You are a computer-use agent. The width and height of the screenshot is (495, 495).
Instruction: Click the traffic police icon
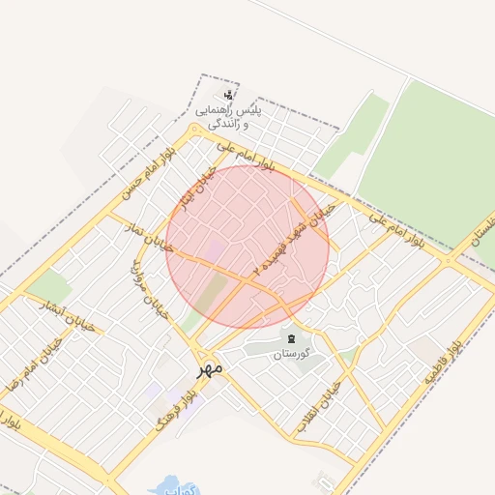click(228, 95)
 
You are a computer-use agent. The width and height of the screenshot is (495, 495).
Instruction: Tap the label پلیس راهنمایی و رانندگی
click(229, 118)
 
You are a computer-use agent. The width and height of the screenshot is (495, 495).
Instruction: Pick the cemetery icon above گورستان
click(291, 335)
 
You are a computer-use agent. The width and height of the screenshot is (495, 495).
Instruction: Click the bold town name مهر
click(210, 368)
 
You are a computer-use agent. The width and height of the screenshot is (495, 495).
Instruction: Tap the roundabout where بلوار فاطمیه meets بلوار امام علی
click(450, 259)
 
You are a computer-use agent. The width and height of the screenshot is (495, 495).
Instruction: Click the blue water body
click(172, 485)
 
